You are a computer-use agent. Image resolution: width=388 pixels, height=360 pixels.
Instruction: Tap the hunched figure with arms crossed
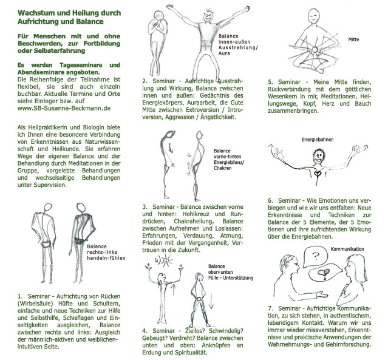click(155, 42)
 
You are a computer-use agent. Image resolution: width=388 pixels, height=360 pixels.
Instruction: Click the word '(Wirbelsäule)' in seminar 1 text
click(36, 303)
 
